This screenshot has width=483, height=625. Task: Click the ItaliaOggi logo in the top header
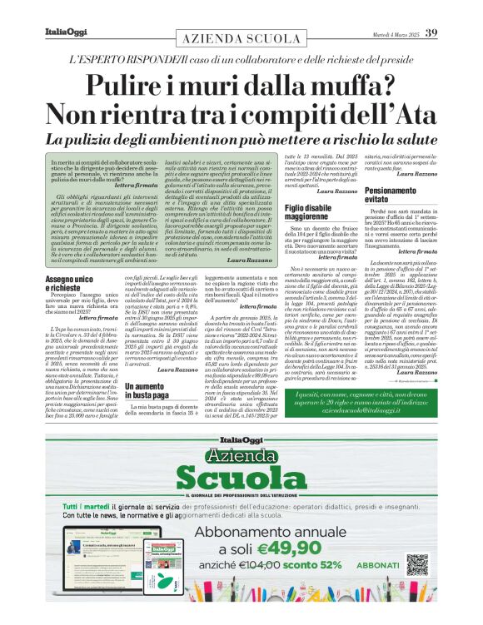64,32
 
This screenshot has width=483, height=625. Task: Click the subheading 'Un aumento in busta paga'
154,390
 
